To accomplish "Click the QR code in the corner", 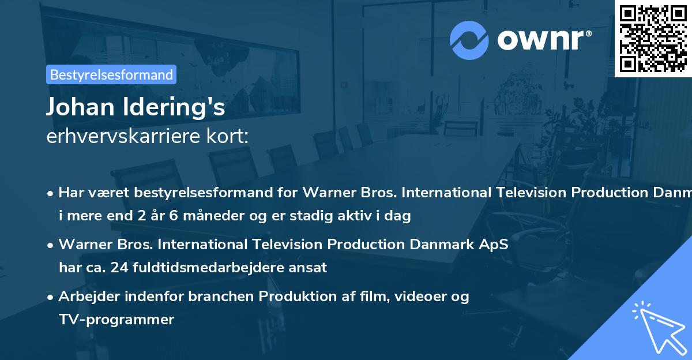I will coord(653,38).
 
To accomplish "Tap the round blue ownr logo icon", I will coord(469,40).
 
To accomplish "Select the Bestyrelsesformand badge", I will coord(111,74).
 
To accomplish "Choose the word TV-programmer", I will coord(116,319).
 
